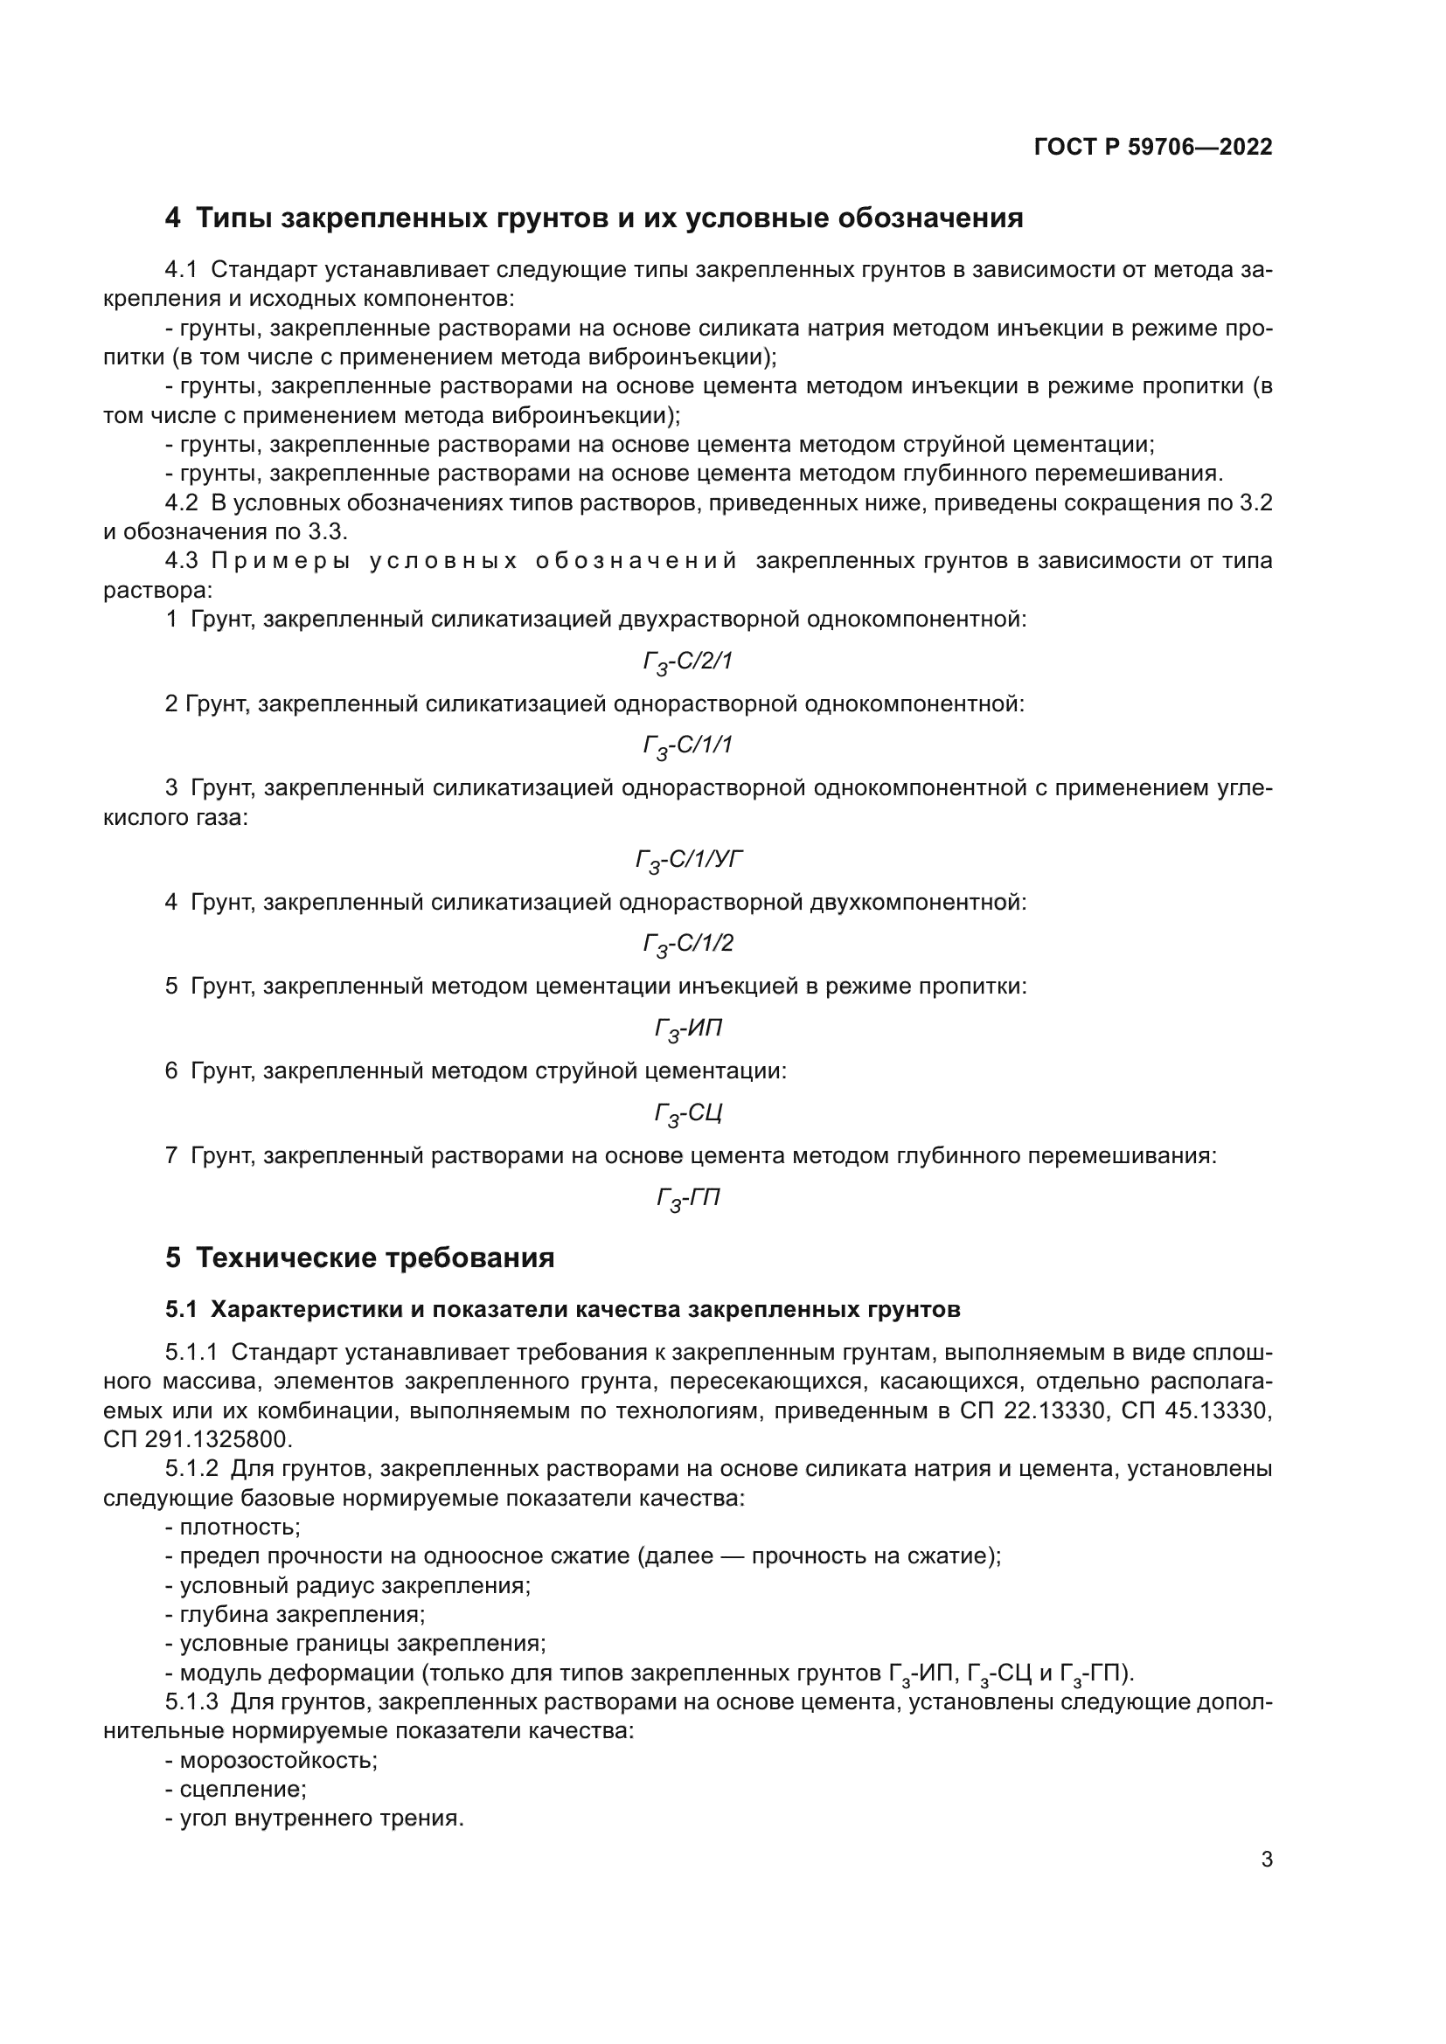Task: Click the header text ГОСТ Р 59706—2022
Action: coord(1153,148)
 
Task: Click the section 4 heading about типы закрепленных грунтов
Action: coord(594,218)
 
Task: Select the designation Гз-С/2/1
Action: coord(687,662)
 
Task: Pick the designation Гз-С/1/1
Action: coord(687,745)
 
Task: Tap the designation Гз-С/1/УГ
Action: coord(688,860)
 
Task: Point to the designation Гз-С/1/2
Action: coord(687,944)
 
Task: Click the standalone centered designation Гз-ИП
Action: coord(687,1029)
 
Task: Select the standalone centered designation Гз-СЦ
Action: coord(687,1113)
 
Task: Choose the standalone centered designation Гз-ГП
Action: coord(687,1198)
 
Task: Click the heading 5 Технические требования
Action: coord(359,1258)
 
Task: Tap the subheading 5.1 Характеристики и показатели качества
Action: coord(563,1310)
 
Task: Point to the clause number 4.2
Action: coord(181,503)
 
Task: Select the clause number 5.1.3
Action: coord(191,1702)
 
